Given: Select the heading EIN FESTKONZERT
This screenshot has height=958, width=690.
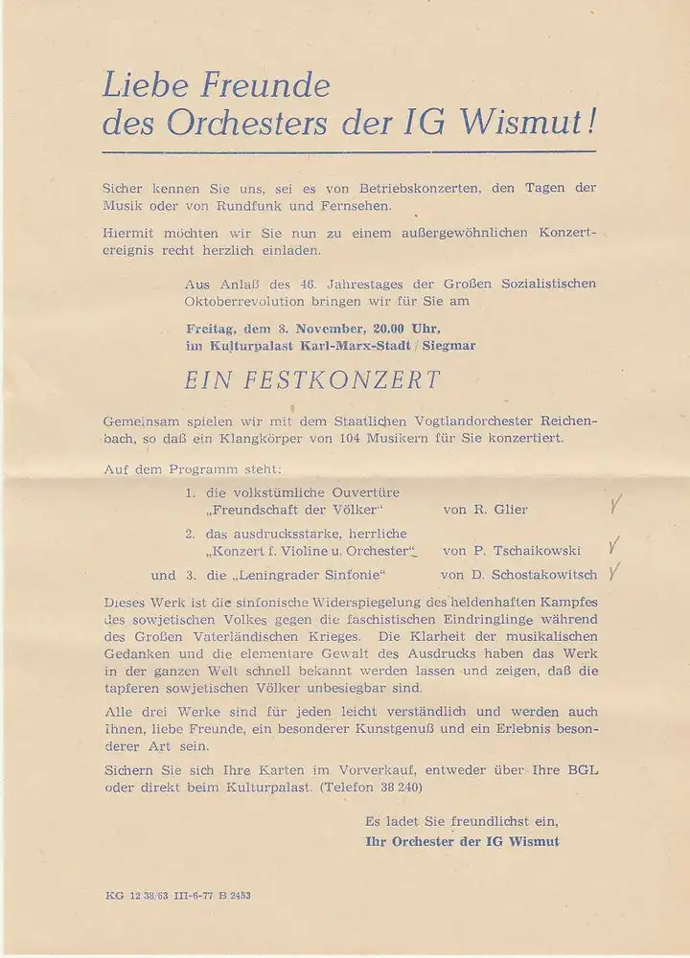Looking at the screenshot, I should [312, 379].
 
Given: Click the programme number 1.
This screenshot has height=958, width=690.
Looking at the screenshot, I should [192, 492].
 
